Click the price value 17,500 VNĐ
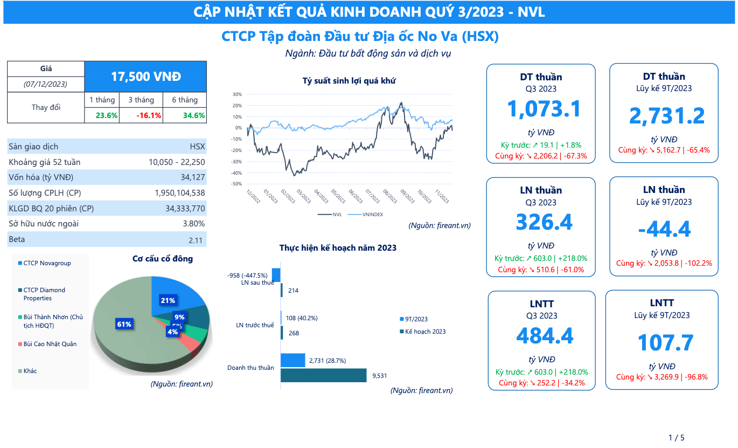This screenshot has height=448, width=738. [145, 77]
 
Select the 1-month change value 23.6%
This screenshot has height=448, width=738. [107, 115]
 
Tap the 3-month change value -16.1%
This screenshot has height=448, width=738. [141, 115]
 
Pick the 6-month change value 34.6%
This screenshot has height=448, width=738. [185, 115]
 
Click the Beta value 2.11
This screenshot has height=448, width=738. [197, 240]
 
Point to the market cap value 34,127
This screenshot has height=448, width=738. [193, 177]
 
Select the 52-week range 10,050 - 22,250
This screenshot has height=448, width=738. [177, 162]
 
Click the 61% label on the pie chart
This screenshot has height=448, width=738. [124, 324]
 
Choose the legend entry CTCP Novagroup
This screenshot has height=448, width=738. [47, 263]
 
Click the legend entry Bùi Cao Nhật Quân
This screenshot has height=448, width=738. [50, 344]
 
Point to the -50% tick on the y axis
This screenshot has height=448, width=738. [237, 184]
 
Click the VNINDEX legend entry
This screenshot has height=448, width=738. [372, 214]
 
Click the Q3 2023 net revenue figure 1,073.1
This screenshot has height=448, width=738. [544, 109]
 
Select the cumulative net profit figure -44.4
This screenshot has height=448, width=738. [664, 229]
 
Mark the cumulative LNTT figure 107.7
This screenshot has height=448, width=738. [665, 343]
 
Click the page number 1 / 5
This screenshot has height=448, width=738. [676, 438]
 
